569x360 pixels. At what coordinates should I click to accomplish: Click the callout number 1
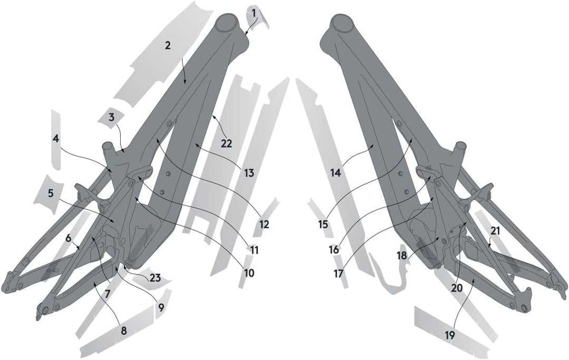(x=253, y=12)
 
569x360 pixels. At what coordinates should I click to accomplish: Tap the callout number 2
(x=168, y=45)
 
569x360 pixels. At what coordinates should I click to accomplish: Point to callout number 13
(x=249, y=172)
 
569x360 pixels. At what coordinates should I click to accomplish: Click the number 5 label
(x=51, y=193)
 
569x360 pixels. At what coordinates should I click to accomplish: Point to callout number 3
(x=111, y=117)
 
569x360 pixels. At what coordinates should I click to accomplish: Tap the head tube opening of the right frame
(x=342, y=23)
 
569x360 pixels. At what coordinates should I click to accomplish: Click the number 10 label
(x=249, y=273)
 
